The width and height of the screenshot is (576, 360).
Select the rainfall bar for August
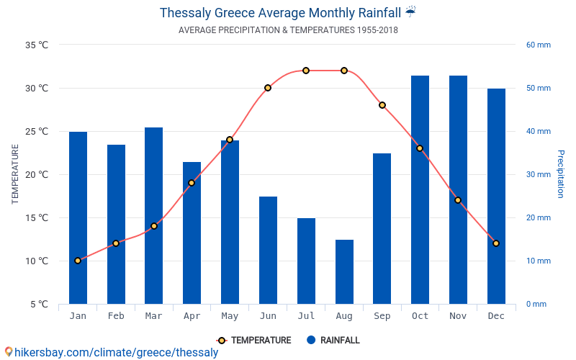344,271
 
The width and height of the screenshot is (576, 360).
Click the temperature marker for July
306,71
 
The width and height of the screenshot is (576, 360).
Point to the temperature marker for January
78,261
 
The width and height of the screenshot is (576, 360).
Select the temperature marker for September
382,105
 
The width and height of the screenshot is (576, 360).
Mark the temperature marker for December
496,243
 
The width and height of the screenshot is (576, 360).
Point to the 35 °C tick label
37,45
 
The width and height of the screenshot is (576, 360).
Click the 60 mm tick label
538,45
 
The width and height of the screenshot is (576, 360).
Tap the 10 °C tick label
37,261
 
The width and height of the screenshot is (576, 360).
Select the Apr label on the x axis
192,316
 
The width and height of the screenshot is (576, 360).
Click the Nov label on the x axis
458,316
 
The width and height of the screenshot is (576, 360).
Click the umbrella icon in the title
410,12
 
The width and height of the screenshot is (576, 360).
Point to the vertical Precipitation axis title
561,174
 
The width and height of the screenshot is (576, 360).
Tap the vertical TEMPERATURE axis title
15,174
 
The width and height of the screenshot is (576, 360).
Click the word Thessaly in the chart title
185,12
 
